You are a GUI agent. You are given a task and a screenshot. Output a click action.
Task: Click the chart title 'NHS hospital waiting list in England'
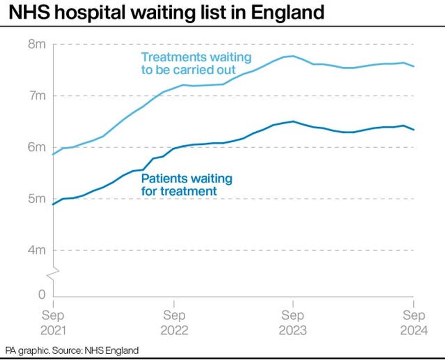(x=167, y=12)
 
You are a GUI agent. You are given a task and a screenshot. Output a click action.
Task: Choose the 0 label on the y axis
(x=42, y=295)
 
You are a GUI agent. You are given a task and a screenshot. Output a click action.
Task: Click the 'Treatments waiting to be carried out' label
(x=196, y=64)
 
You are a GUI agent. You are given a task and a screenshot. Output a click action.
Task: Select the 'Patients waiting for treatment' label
(x=187, y=185)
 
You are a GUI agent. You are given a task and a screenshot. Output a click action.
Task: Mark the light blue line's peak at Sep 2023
(x=293, y=56)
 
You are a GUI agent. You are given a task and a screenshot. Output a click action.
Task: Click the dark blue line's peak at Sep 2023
(x=293, y=121)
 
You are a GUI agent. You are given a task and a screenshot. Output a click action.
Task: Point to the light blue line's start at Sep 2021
(x=54, y=155)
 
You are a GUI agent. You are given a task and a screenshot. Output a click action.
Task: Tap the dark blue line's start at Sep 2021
(x=54, y=204)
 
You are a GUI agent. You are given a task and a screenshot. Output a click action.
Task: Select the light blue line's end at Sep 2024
(x=413, y=66)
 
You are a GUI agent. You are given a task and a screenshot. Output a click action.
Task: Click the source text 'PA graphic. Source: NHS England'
(x=72, y=350)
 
